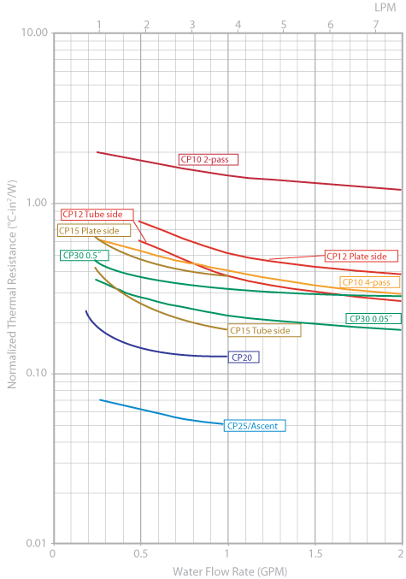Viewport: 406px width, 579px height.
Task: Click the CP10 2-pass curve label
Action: point(208,159)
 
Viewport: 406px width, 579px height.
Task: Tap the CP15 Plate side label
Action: point(94,230)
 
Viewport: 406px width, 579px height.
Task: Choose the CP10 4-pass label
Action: point(366,282)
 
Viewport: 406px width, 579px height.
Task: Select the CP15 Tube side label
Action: point(264,330)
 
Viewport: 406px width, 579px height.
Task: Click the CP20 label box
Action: point(243,357)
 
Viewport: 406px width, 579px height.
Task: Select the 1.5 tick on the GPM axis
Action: point(314,554)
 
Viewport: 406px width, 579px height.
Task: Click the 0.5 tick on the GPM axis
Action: point(140,554)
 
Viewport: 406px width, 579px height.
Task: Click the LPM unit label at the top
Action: point(386,7)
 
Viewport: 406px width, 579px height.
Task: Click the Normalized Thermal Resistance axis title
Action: point(12,288)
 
